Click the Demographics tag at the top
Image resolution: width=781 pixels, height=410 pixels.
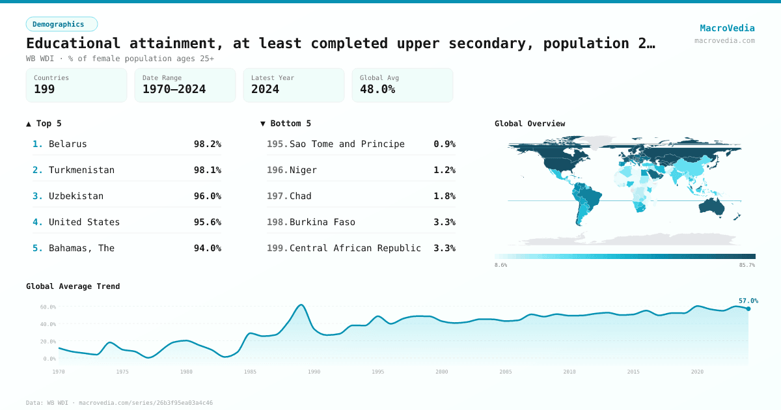(x=61, y=24)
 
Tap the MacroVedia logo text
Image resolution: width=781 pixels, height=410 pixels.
(x=727, y=28)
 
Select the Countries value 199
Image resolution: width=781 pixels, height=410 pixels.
(x=44, y=89)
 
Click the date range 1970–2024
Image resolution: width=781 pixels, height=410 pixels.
(x=174, y=89)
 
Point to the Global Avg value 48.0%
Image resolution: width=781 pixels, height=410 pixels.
(x=377, y=89)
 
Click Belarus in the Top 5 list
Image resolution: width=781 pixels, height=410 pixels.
(x=68, y=144)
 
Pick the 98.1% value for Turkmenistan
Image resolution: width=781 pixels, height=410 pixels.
(x=207, y=170)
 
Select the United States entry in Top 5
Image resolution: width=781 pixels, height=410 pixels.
(x=84, y=222)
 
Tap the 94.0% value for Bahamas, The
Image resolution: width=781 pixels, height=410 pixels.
(x=207, y=248)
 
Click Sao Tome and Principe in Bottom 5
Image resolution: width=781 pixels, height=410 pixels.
(x=347, y=144)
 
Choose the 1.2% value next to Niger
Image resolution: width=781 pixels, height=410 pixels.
(x=444, y=170)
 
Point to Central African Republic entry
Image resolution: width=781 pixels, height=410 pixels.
(x=355, y=248)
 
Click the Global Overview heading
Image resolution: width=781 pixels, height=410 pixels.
(x=530, y=124)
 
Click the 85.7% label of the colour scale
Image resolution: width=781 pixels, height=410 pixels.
(x=747, y=266)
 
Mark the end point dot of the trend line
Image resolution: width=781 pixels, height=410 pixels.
(x=748, y=308)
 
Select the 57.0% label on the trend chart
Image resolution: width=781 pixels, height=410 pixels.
(x=748, y=301)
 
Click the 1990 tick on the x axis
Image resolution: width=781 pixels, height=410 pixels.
(x=314, y=372)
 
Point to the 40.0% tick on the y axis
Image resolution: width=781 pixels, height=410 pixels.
(x=48, y=324)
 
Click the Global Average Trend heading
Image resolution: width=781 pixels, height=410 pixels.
(x=73, y=286)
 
